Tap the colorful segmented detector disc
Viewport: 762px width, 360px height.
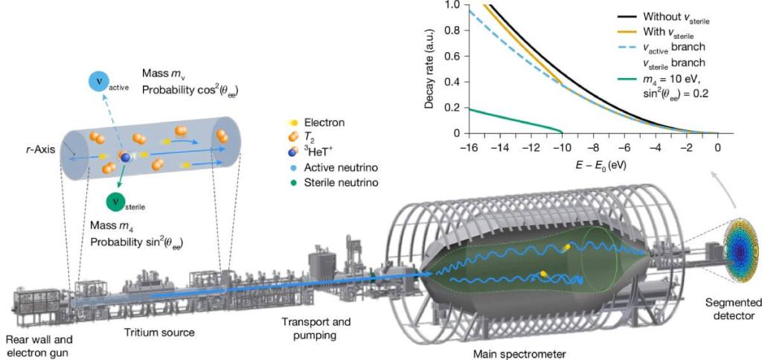point(742,253)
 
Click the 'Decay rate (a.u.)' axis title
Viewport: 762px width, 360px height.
point(429,68)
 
